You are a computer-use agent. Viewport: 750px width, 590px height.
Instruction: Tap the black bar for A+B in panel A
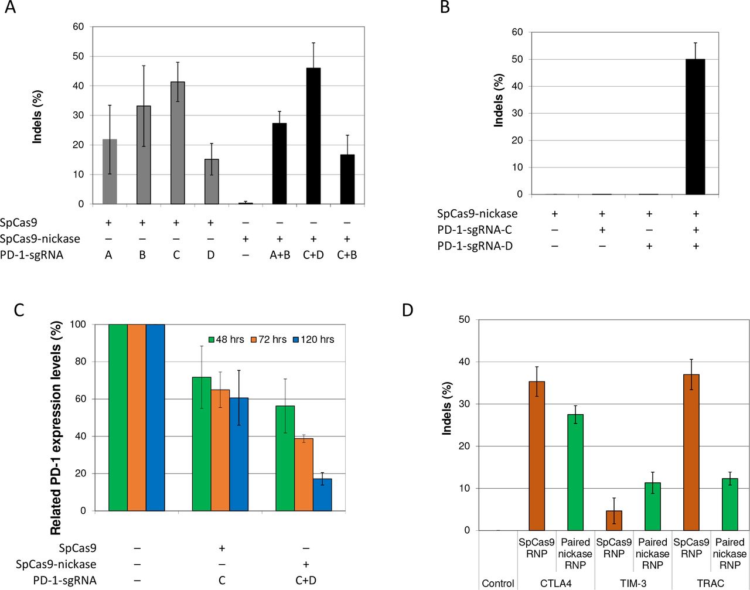point(279,163)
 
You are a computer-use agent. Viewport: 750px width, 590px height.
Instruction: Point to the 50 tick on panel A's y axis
point(78,56)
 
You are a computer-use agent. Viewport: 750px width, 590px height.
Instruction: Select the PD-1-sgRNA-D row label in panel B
point(475,247)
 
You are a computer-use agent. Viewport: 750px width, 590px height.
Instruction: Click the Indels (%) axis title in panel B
point(499,100)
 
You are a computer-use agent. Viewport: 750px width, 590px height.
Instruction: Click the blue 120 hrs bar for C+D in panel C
point(322,494)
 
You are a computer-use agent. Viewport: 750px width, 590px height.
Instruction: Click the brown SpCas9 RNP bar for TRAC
point(691,452)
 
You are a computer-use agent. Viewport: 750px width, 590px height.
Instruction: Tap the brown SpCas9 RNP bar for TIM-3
point(614,520)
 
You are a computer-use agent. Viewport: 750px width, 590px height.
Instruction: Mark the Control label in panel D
point(498,583)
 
